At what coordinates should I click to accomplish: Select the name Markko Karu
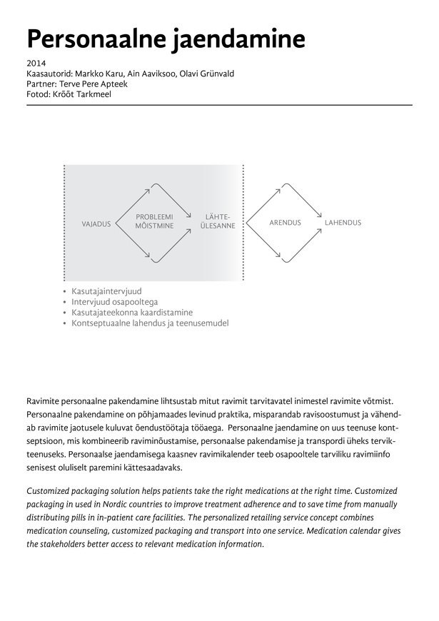point(100,74)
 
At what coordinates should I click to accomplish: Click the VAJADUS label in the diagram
point(96,223)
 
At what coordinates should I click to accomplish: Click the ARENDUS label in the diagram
point(285,223)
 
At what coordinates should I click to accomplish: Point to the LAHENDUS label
point(343,223)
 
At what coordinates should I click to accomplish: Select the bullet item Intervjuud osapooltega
point(114,302)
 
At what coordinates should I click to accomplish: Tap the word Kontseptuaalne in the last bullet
point(104,323)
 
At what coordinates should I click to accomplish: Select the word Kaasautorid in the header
point(48,74)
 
